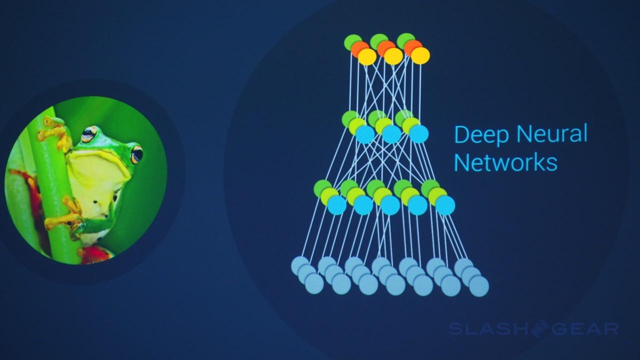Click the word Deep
click(x=479, y=135)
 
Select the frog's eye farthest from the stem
click(x=136, y=154)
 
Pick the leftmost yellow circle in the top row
click(x=366, y=56)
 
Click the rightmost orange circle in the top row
click(x=412, y=47)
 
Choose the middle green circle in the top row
click(x=378, y=41)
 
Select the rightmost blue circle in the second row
click(x=418, y=134)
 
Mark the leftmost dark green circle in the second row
click(x=349, y=118)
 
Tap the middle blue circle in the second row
click(x=391, y=134)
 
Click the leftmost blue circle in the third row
click(x=337, y=205)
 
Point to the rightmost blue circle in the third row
click(x=445, y=205)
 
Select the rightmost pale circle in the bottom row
click(x=478, y=286)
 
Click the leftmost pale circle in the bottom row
click(x=300, y=265)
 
